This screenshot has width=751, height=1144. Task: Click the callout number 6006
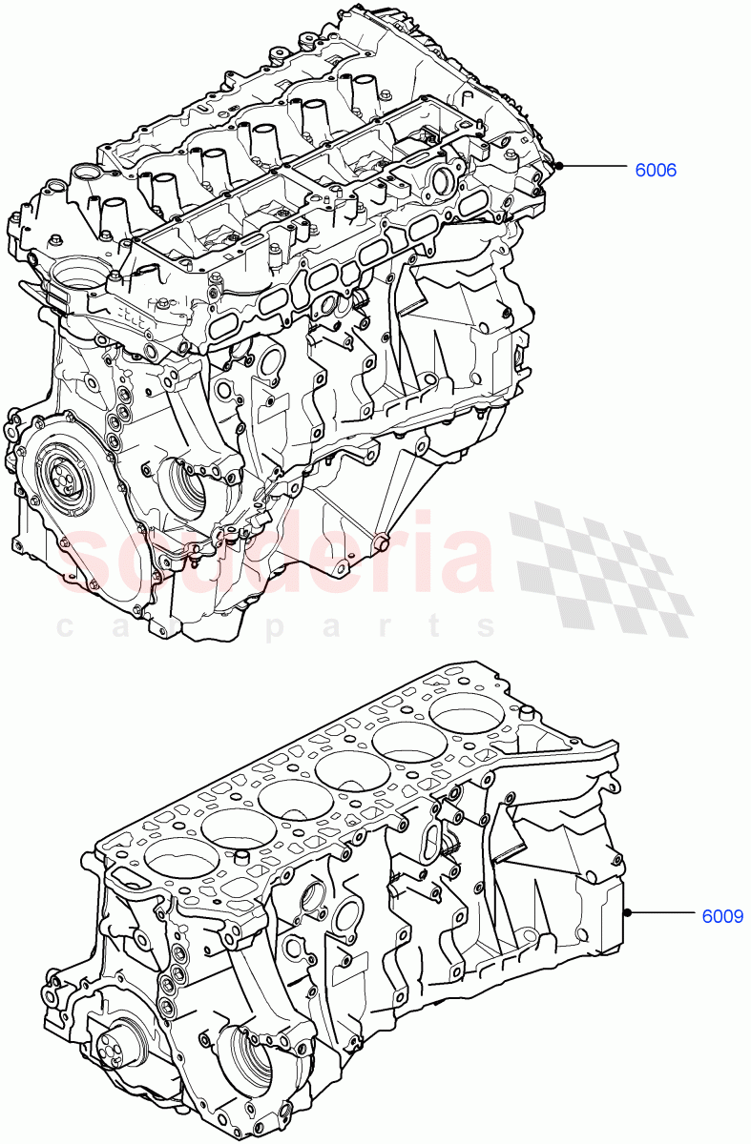[656, 171]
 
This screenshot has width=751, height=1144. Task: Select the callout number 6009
[722, 917]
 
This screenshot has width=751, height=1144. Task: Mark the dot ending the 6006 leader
[560, 166]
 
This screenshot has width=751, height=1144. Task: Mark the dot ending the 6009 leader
[628, 912]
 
